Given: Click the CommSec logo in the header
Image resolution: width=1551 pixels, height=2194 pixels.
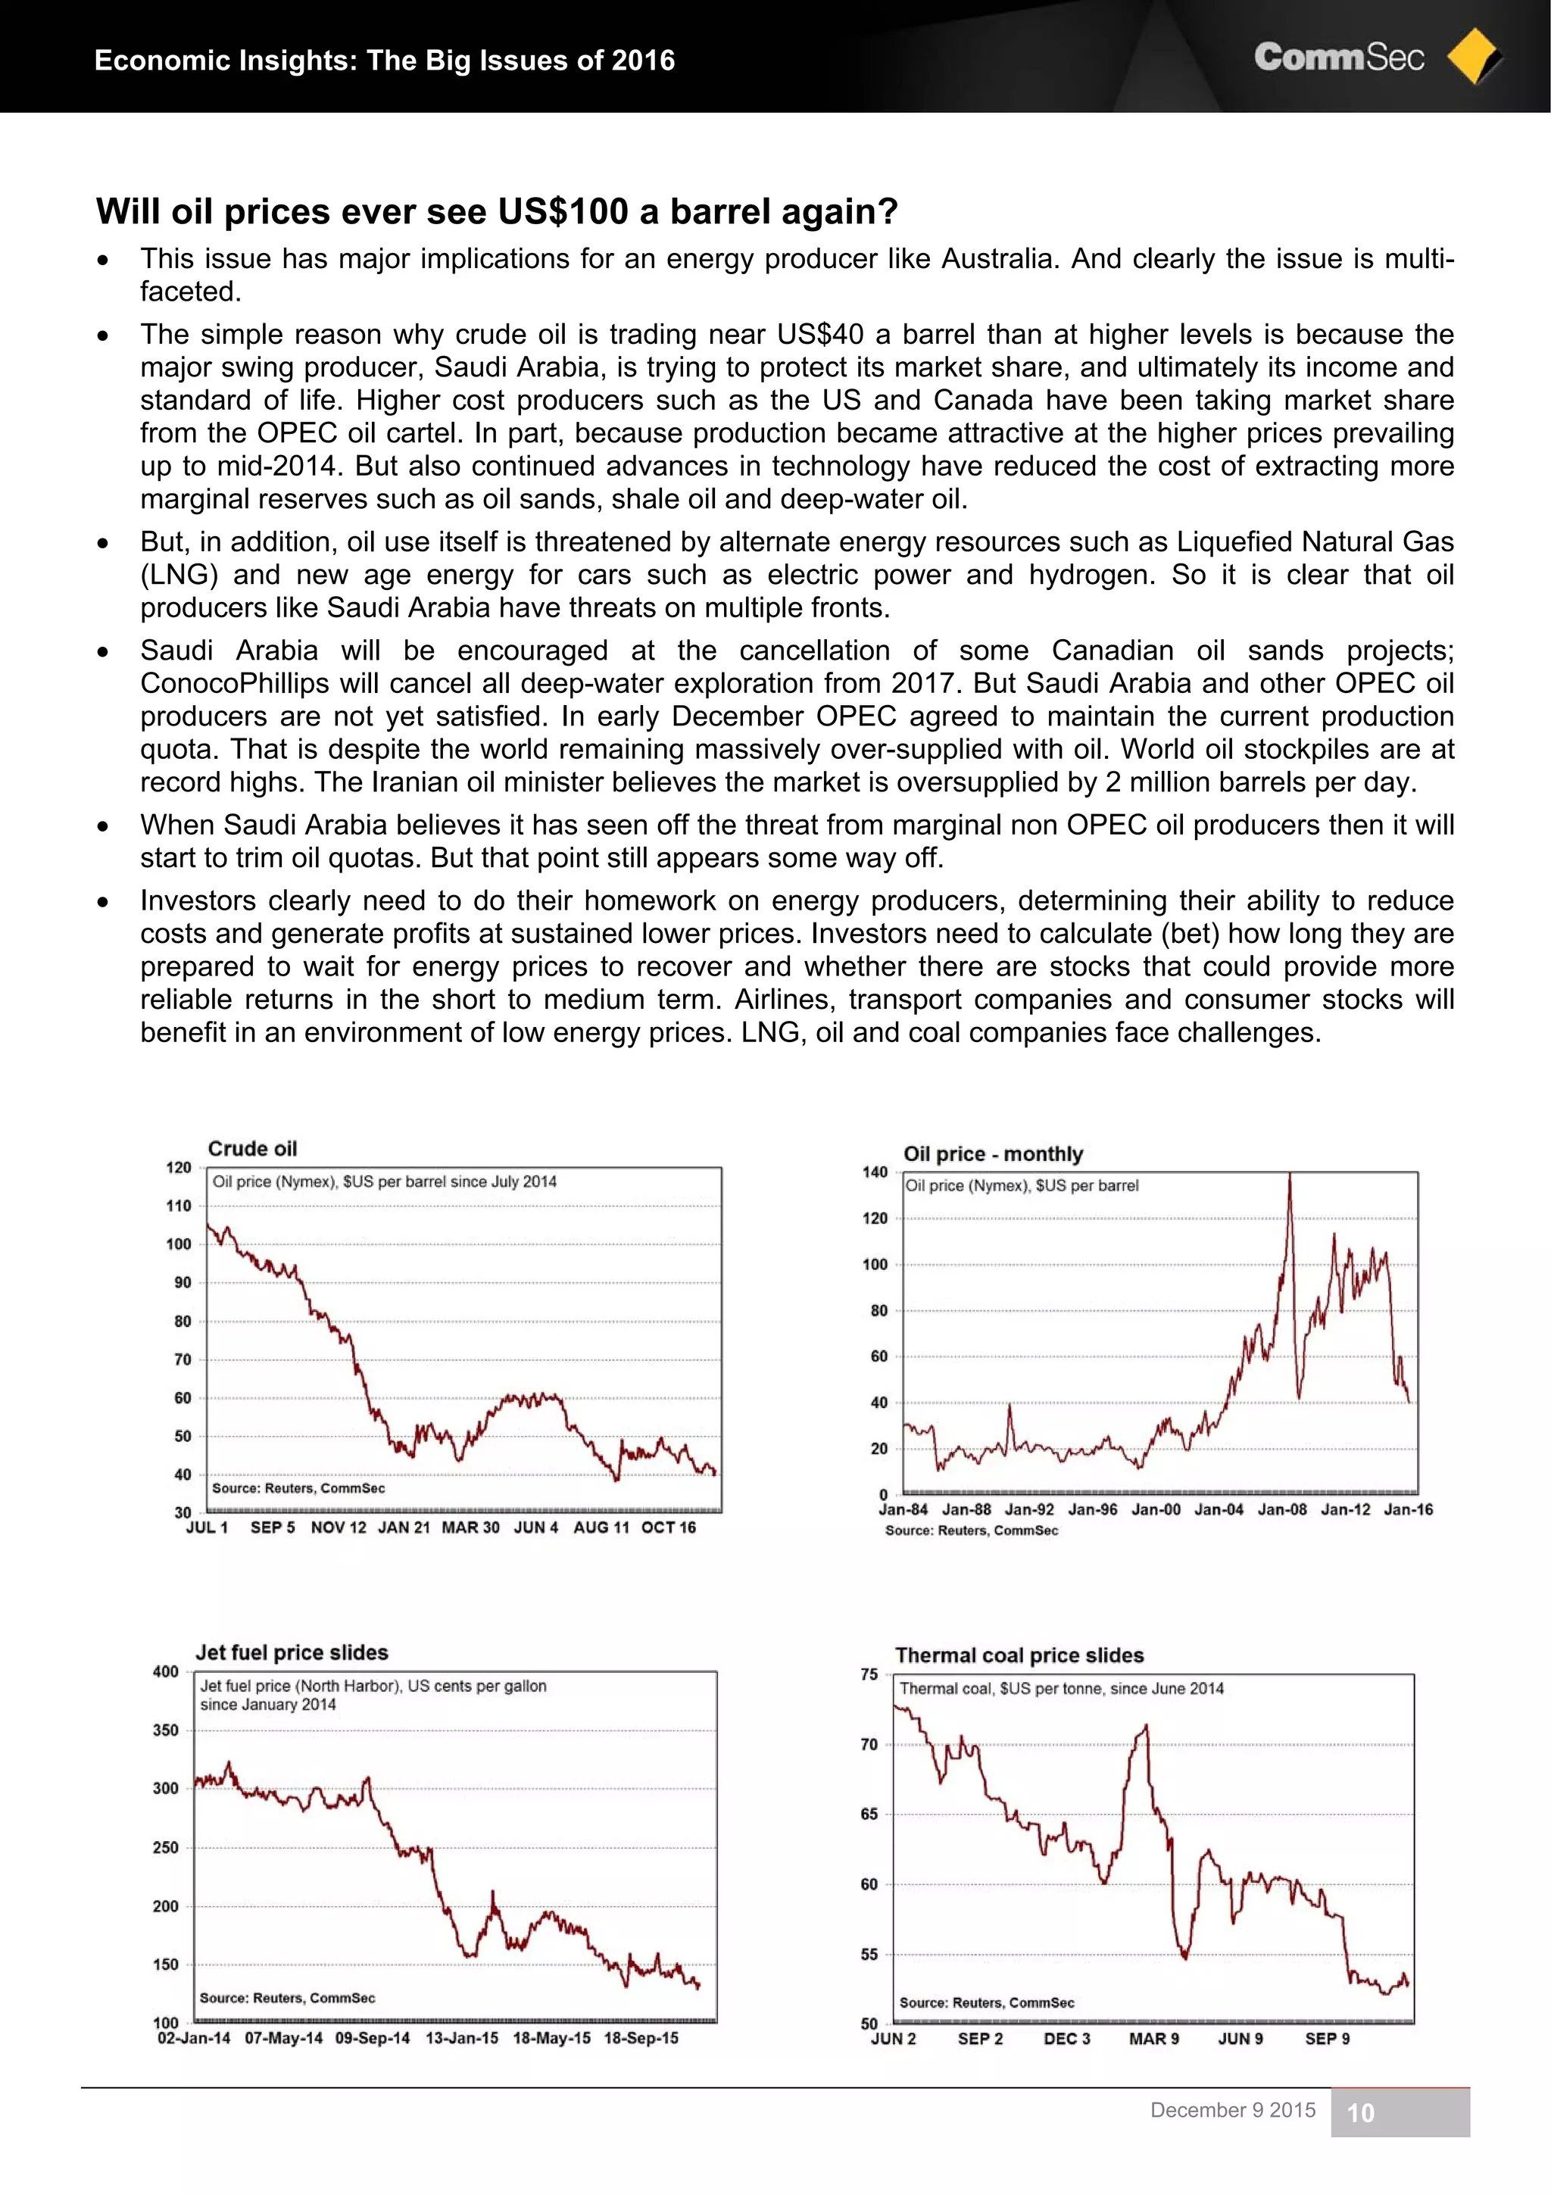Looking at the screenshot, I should click(1338, 58).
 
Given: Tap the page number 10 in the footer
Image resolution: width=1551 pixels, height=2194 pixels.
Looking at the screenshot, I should click(1360, 2113).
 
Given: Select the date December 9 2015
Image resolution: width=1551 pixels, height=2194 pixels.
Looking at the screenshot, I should click(1233, 2110).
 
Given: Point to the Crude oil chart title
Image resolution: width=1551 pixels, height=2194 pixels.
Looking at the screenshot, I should click(252, 1149).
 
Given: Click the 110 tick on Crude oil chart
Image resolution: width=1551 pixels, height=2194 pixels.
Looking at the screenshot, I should click(179, 1206).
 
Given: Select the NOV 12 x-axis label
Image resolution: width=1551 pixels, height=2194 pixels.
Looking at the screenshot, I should click(339, 1527).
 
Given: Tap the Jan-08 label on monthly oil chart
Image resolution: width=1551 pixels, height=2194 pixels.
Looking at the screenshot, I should click(1281, 1510).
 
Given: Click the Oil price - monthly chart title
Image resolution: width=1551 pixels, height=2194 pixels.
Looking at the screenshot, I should click(993, 1153).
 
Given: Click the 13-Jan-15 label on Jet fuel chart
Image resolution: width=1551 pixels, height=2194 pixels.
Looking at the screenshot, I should click(461, 2037).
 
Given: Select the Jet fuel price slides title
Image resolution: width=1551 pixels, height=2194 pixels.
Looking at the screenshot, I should click(292, 1653).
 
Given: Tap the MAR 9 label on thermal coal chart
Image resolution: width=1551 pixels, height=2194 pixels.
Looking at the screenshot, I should click(1153, 2038).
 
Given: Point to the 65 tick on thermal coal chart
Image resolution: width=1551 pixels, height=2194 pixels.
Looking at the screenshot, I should click(869, 1814).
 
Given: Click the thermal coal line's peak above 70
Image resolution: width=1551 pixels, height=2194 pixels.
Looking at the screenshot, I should click(1145, 1727).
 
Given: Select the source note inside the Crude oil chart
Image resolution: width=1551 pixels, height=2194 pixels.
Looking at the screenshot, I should click(298, 1488).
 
